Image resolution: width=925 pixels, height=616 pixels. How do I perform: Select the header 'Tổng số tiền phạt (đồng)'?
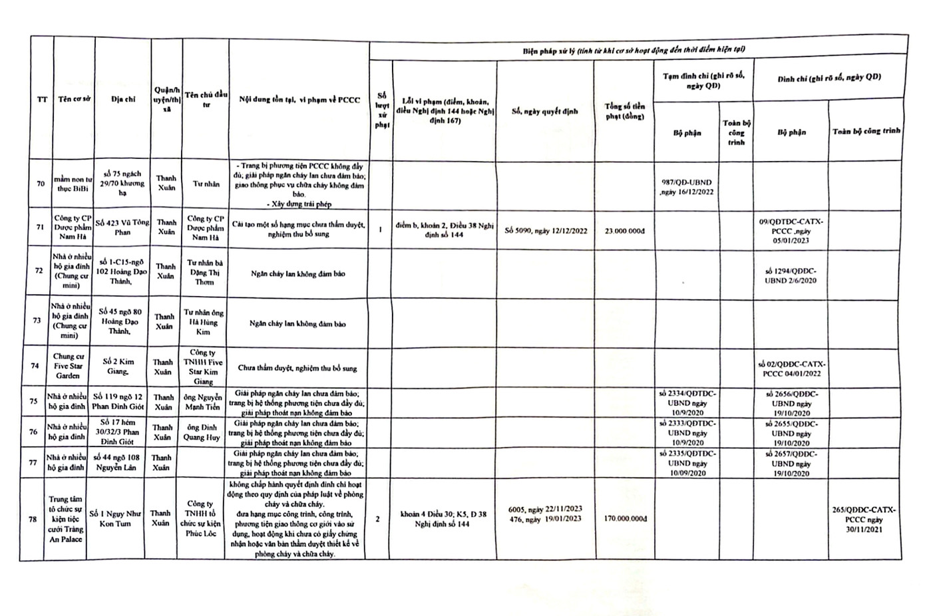[624, 111]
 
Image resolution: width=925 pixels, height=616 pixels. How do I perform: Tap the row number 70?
[41, 184]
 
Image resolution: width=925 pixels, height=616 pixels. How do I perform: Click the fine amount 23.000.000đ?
[624, 231]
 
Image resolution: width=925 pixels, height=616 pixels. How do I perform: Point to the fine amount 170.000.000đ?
[624, 518]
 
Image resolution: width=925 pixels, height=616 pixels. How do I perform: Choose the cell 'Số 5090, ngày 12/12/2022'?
[545, 231]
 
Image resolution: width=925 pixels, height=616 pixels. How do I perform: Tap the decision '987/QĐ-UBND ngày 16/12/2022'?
[686, 186]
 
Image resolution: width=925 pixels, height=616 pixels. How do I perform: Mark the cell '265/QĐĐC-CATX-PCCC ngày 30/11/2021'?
[864, 519]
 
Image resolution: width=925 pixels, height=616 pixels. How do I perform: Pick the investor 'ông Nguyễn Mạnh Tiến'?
[204, 402]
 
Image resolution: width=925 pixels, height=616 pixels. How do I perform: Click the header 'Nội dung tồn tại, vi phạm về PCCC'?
[299, 100]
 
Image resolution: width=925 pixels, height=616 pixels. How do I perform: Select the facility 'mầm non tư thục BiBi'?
[71, 184]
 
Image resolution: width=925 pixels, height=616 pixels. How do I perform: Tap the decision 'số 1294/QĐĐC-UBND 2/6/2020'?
[791, 275]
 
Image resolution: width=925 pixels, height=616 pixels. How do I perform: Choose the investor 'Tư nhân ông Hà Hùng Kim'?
[204, 322]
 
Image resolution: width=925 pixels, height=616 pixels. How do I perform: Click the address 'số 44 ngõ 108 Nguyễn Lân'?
[116, 462]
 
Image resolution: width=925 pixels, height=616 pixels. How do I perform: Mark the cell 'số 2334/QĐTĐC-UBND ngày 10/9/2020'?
[686, 402]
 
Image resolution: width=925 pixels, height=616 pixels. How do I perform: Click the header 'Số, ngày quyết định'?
[545, 111]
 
